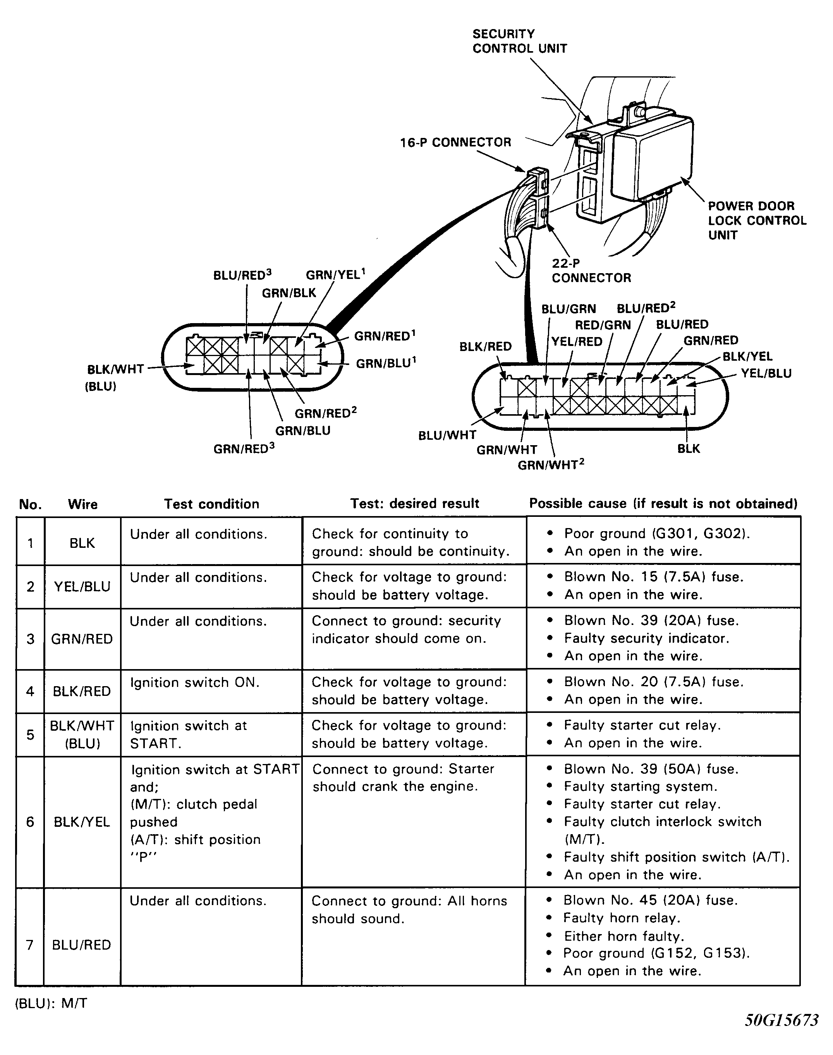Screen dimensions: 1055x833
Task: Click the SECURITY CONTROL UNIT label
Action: tap(519, 41)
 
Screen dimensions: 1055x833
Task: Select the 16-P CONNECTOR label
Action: tap(455, 142)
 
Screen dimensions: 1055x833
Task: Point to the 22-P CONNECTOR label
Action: tap(591, 270)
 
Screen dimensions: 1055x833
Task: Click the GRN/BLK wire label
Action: tap(289, 293)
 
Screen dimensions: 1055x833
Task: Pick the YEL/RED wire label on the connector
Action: tap(577, 342)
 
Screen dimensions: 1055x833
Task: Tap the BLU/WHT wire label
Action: tap(447, 435)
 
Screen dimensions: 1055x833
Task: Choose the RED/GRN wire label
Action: tap(603, 325)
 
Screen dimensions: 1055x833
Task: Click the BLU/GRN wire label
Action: tap(568, 309)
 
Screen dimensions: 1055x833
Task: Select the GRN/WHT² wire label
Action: tap(551, 465)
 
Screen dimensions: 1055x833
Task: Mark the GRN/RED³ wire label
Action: tap(244, 448)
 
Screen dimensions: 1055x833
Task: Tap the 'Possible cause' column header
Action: tap(663, 503)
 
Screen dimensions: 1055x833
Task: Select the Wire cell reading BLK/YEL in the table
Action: tap(82, 822)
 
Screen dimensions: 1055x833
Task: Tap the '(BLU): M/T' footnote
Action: tap(51, 1003)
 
